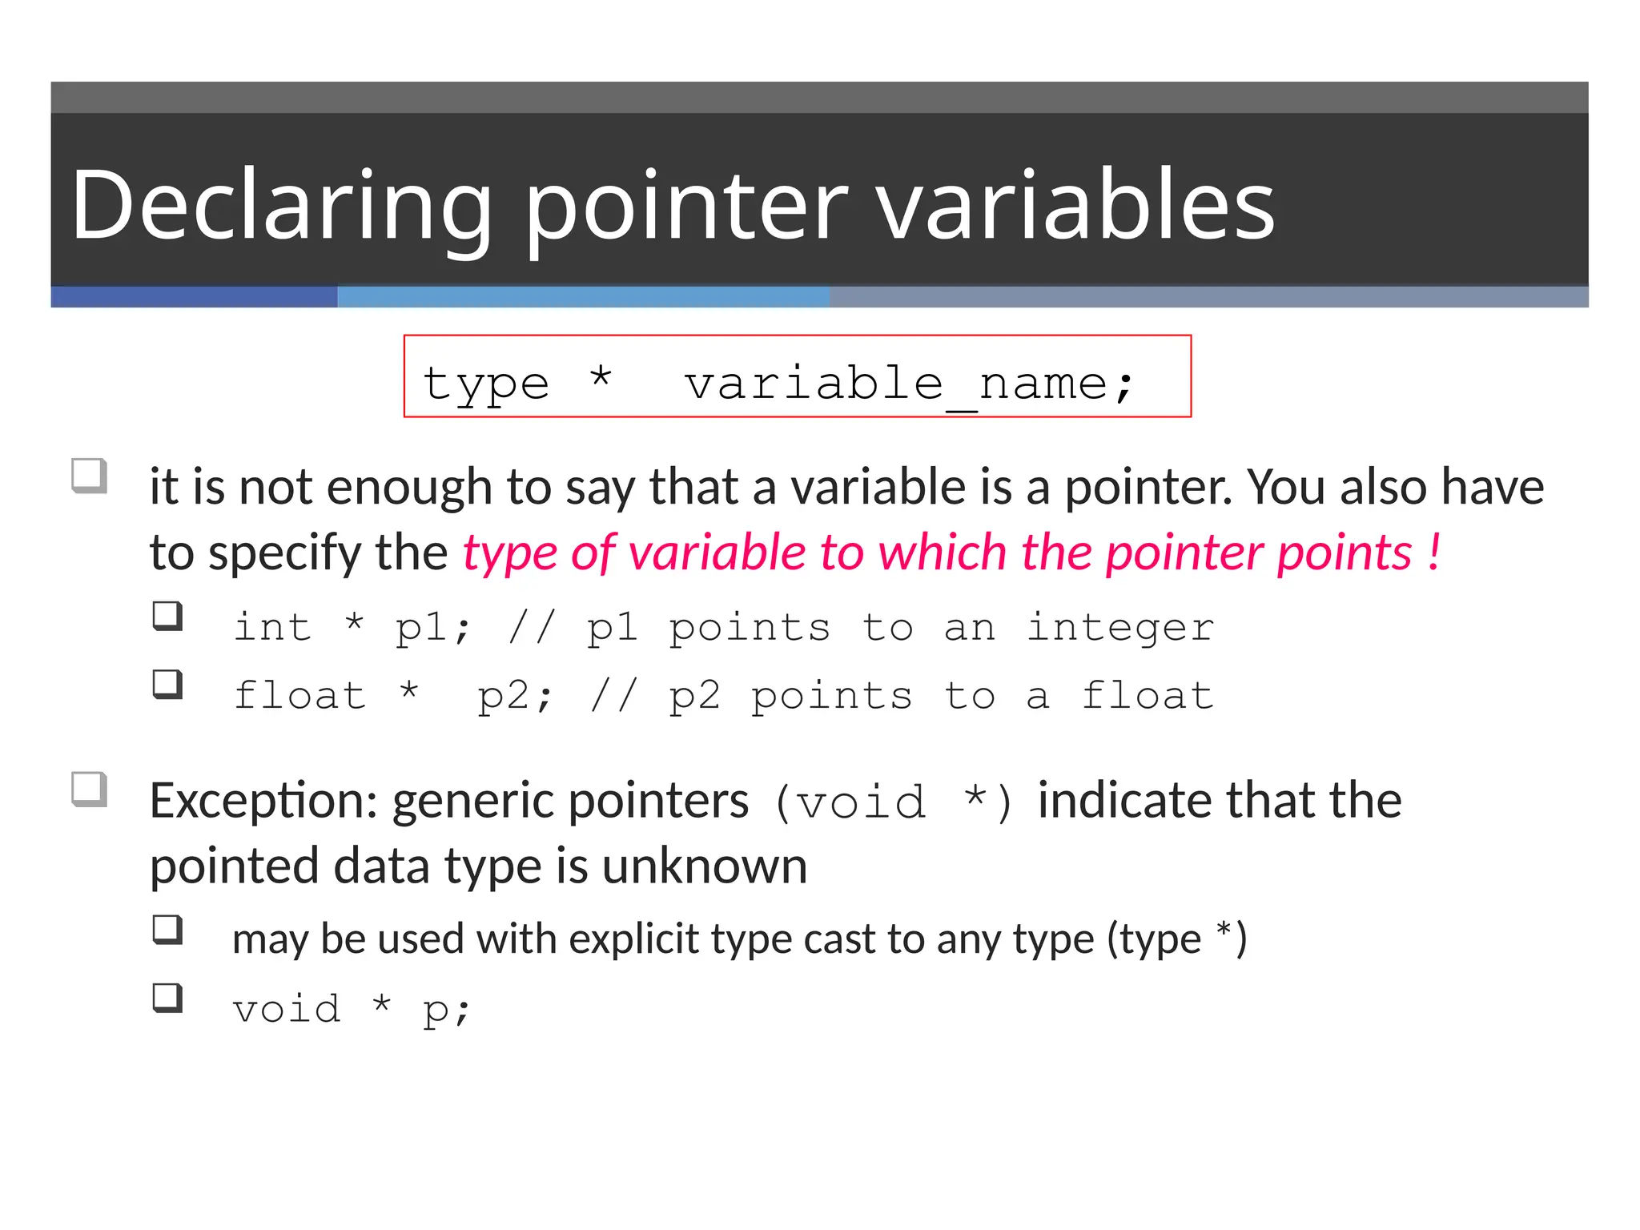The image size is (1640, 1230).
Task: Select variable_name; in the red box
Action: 909,384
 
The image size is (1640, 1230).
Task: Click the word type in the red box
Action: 486,384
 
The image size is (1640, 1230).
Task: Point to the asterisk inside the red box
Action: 601,376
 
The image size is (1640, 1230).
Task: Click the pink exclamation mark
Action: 1433,552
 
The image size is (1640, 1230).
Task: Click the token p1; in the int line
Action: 432,628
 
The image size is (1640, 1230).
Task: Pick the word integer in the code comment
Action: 1119,628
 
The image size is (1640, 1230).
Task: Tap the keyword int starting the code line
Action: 272,626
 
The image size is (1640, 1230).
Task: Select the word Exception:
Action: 263,800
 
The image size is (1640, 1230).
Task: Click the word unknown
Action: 705,866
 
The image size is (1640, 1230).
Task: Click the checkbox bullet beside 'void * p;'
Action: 168,999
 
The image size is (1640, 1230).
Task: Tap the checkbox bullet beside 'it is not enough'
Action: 90,476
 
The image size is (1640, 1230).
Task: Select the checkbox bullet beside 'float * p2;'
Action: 168,685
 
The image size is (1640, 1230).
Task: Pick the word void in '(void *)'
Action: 862,802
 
